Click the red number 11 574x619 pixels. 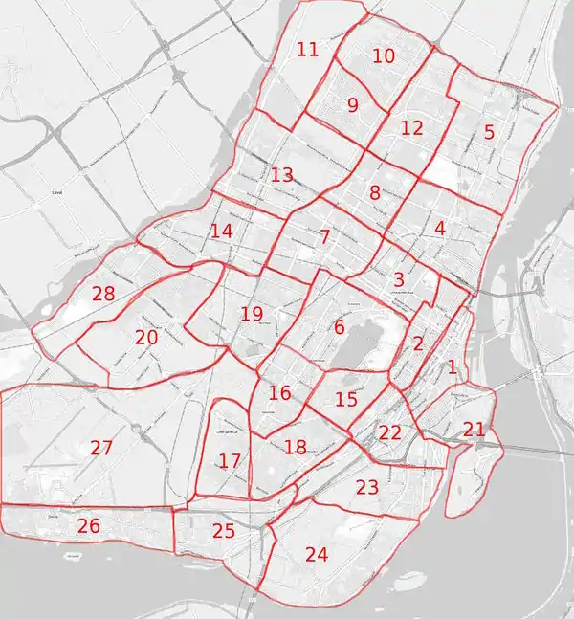click(x=307, y=50)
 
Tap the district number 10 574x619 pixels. click(x=383, y=56)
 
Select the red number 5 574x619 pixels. click(x=489, y=132)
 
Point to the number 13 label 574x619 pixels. click(x=281, y=175)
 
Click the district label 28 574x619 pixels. click(x=103, y=294)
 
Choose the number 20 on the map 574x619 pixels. click(x=146, y=338)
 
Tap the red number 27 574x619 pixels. click(x=101, y=447)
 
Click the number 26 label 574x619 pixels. click(x=89, y=525)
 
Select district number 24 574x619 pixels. click(x=316, y=553)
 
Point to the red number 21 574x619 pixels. click(x=475, y=430)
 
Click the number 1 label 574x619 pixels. click(x=453, y=366)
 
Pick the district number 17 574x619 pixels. click(x=230, y=462)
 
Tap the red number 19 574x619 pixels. click(x=252, y=314)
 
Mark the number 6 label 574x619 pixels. click(x=339, y=327)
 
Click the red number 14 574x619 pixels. click(x=222, y=232)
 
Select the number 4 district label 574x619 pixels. click(x=440, y=229)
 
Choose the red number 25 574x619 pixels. click(x=224, y=531)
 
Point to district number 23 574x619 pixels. click(x=367, y=488)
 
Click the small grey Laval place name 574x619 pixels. click(x=57, y=192)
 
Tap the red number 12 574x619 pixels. click(x=411, y=127)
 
